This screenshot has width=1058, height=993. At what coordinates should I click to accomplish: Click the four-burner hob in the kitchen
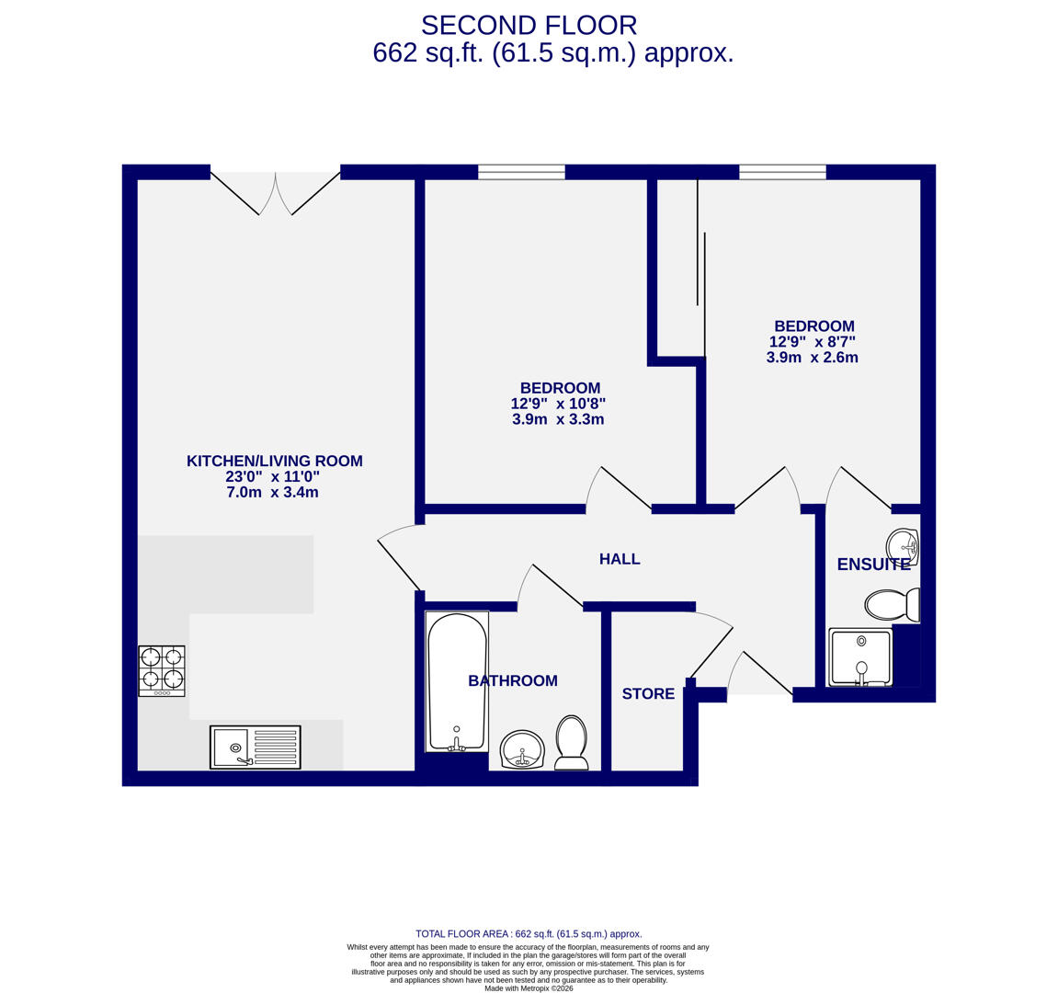pos(162,670)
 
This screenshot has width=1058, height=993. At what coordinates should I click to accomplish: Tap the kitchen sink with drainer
pos(255,747)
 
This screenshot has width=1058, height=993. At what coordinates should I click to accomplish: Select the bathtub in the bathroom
pos(457,681)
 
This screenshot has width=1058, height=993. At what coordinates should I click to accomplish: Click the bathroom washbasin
pos(522,748)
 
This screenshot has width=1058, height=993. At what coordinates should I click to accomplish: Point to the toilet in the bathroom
pos(571,742)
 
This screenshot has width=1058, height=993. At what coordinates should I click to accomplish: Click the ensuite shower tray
pos(860,657)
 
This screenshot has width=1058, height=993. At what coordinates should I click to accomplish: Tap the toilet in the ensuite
pos(891,604)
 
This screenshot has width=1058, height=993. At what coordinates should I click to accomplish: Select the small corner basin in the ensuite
pos(903,546)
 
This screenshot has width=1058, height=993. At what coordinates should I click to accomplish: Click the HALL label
pos(620,559)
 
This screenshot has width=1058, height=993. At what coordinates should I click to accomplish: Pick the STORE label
pos(648,694)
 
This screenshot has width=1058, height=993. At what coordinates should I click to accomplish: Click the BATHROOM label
pos(513,681)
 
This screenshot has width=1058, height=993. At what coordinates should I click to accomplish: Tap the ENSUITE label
pos(872,565)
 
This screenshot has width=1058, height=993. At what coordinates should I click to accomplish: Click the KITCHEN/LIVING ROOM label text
pos(274,462)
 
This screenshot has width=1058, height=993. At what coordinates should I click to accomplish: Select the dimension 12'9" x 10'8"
pos(558,404)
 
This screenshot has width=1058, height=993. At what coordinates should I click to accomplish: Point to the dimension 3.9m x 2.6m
pos(812,358)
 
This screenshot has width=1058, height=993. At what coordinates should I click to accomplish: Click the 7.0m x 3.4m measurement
pos(272,493)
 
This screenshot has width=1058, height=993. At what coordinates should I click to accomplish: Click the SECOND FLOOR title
pos(529,26)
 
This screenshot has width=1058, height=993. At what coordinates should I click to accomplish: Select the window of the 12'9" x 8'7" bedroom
pos(782,172)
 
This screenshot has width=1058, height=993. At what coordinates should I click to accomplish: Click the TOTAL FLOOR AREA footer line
pos(529,933)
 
